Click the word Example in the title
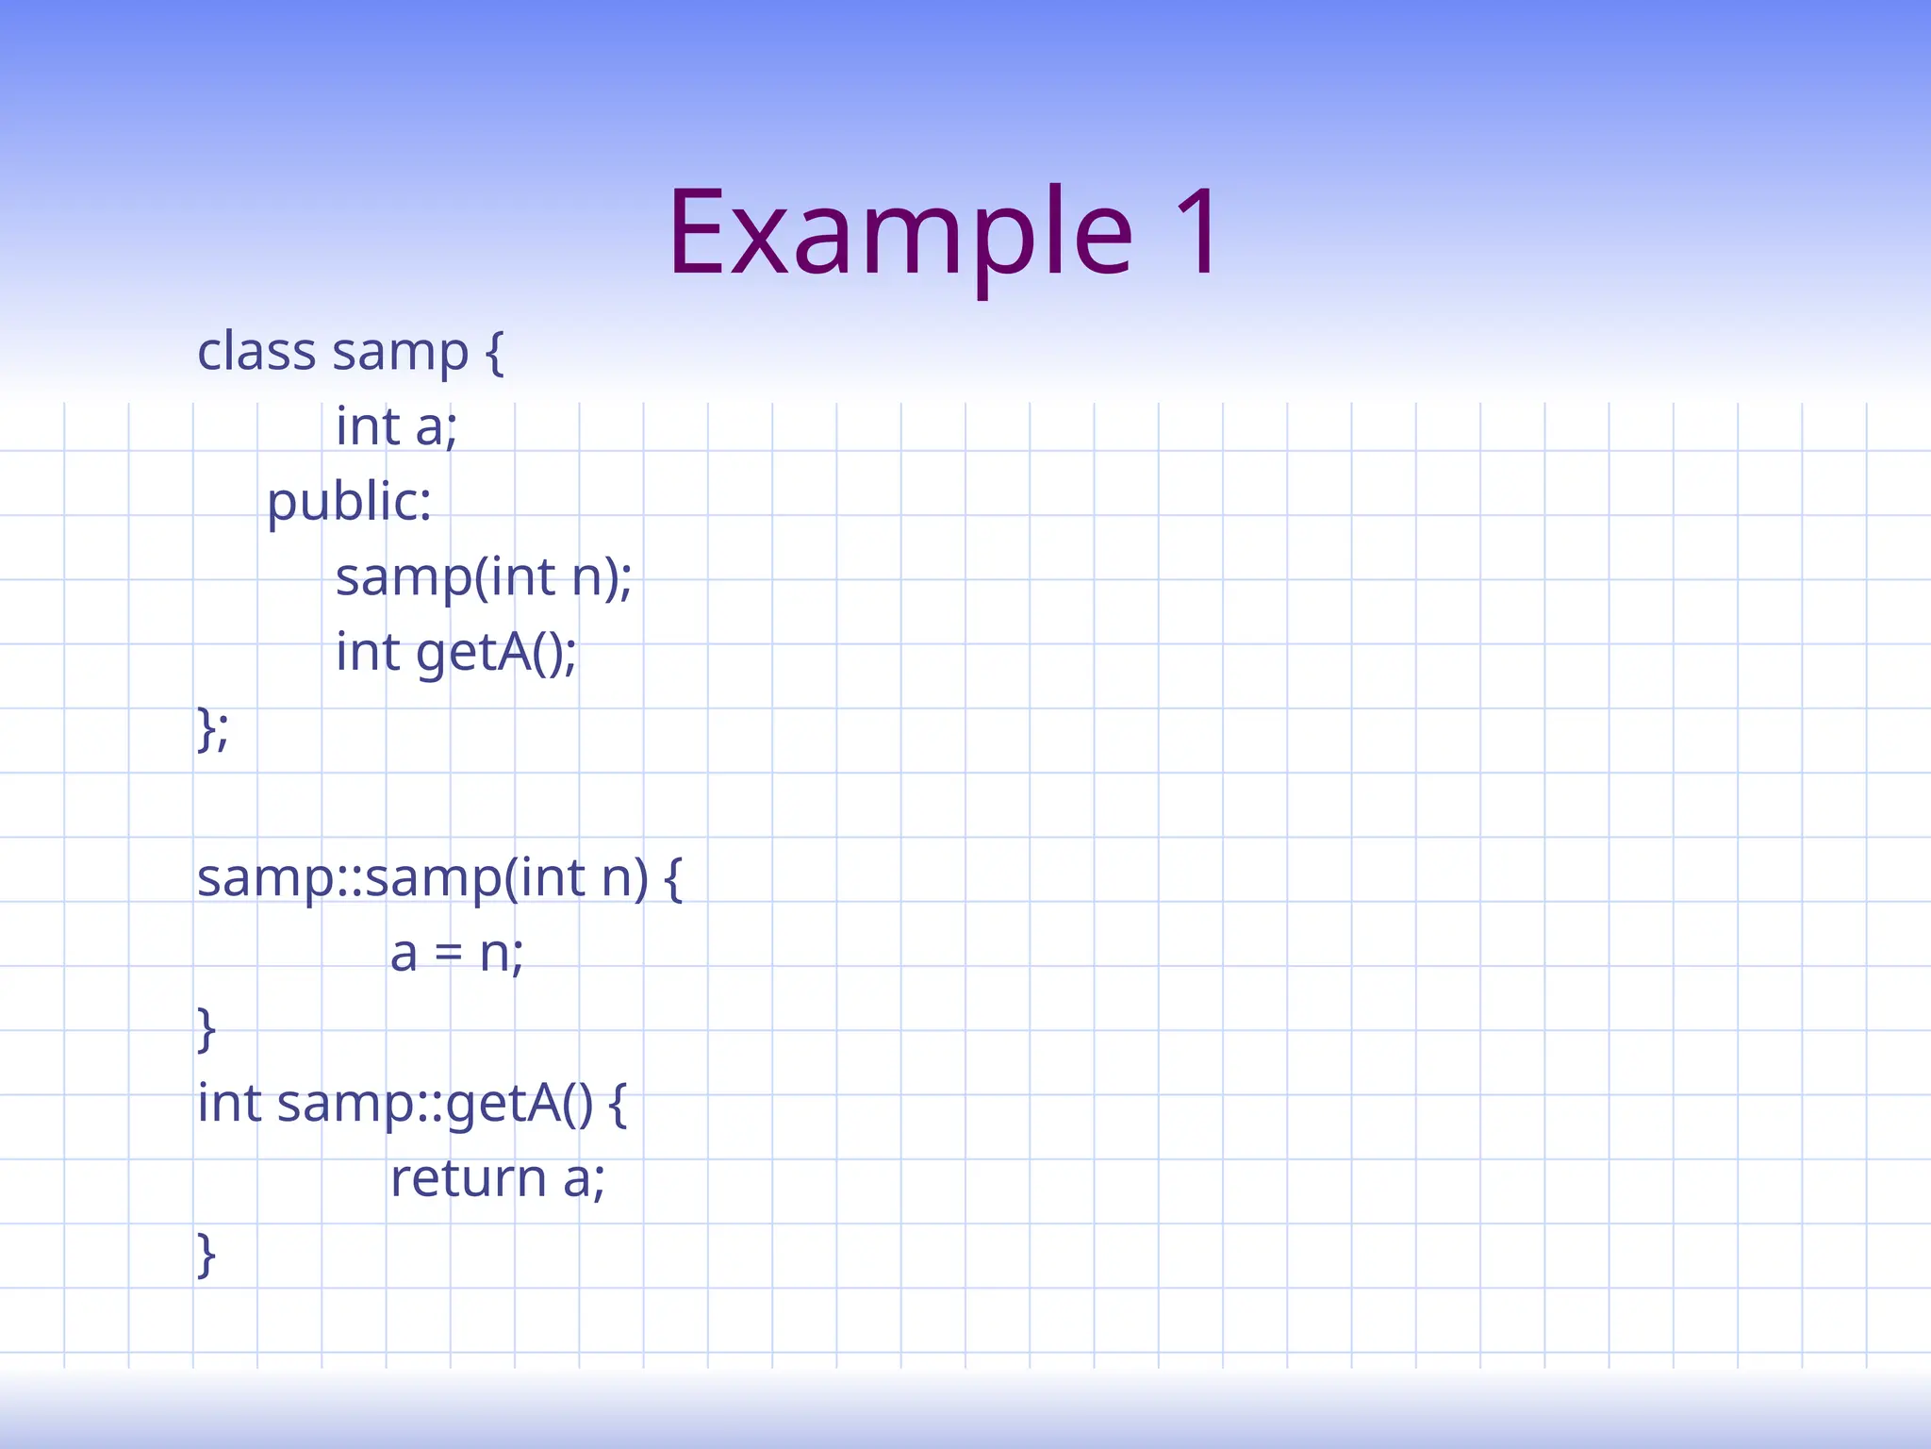coord(900,234)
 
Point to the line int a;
coord(396,426)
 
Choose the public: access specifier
coord(349,502)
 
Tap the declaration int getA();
coord(456,652)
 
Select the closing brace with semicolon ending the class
coord(212,728)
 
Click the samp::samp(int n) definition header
coord(422,877)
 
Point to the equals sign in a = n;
coord(449,955)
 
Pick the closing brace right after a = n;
coord(206,1028)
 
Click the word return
coord(469,1178)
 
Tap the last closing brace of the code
coord(206,1254)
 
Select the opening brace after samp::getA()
coord(618,1104)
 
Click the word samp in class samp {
coord(400,353)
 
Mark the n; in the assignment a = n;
coord(501,954)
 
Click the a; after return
coord(584,1179)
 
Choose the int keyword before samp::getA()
coord(229,1103)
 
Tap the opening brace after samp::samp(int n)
coord(673,878)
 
